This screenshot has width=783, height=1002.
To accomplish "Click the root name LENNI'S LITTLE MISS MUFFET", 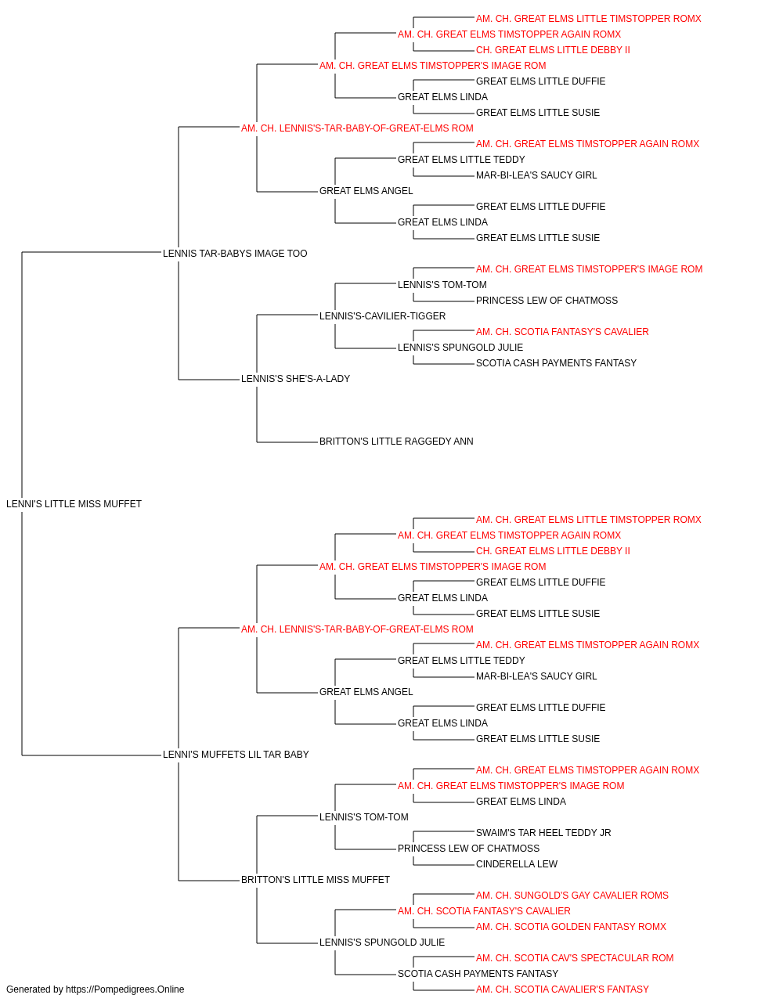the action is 74,504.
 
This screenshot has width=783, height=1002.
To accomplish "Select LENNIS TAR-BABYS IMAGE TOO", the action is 235,254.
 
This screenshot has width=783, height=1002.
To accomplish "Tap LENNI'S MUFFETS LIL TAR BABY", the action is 236,755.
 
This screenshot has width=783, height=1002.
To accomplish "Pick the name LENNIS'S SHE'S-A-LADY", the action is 296,379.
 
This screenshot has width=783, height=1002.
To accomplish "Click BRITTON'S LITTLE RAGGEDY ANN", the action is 396,442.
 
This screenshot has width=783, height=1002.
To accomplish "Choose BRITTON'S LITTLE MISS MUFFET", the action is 316,880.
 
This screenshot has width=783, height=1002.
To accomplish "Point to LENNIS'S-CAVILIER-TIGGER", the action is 382,315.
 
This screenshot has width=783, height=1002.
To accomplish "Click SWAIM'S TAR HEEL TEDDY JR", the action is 543,833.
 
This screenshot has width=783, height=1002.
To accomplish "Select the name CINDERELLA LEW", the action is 517,864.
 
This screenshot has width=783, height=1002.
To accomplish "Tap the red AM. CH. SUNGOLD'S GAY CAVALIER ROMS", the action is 572,896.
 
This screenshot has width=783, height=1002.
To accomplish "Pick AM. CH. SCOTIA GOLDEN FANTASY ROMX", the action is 571,927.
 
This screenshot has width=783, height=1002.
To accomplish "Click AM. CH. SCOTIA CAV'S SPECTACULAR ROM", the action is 575,958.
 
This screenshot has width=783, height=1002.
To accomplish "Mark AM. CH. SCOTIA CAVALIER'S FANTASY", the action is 562,989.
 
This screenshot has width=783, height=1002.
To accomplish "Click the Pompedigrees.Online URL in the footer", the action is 124,989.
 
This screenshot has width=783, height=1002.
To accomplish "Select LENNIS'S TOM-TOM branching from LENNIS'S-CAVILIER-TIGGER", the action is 442,284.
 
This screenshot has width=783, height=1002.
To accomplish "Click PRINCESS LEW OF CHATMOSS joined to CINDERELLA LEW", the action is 468,849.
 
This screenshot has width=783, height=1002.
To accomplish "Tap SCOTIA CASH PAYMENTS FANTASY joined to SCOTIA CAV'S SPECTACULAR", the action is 478,974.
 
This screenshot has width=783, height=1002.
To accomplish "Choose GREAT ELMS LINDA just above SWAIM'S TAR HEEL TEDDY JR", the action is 521,802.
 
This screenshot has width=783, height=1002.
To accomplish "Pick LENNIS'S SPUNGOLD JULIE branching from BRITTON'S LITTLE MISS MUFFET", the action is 382,943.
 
